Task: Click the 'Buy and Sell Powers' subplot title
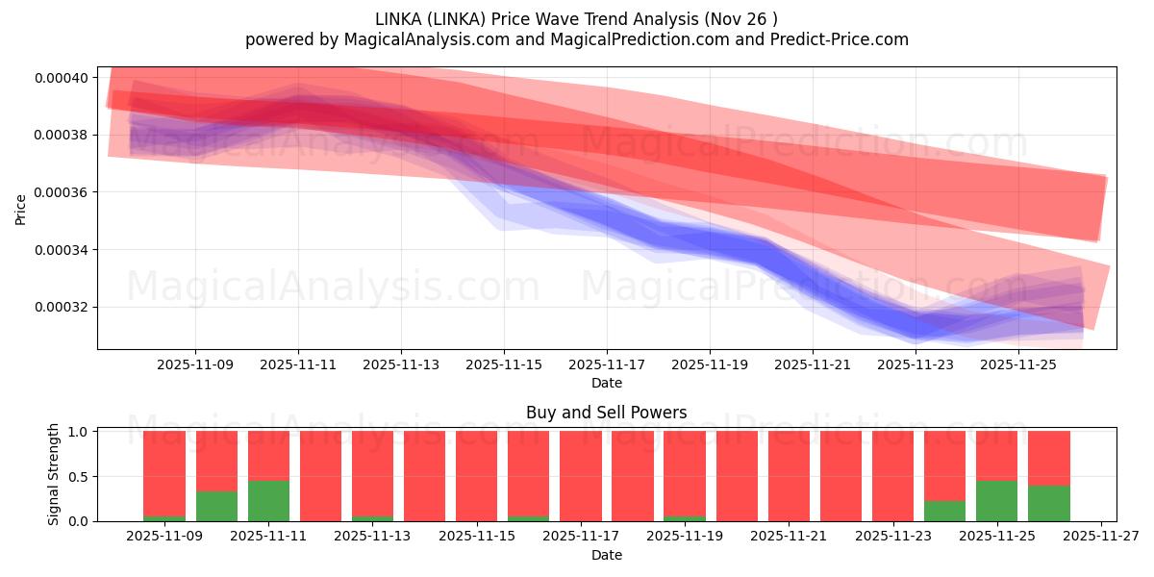click(x=606, y=413)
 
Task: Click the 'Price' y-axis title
click(x=21, y=209)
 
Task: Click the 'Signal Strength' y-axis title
click(x=54, y=474)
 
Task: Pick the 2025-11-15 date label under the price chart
click(x=504, y=365)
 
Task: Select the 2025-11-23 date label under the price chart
click(x=916, y=365)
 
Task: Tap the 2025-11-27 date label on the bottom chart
click(x=1100, y=537)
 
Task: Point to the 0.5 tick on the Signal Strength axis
click(x=79, y=477)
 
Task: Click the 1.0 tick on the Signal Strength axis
click(x=79, y=432)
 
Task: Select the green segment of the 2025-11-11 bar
click(x=268, y=501)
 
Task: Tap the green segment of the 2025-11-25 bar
click(x=996, y=501)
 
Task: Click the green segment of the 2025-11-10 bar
click(x=216, y=507)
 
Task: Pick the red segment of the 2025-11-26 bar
click(x=1048, y=458)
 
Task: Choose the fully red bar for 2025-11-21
click(x=789, y=476)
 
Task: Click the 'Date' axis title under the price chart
click(x=606, y=383)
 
